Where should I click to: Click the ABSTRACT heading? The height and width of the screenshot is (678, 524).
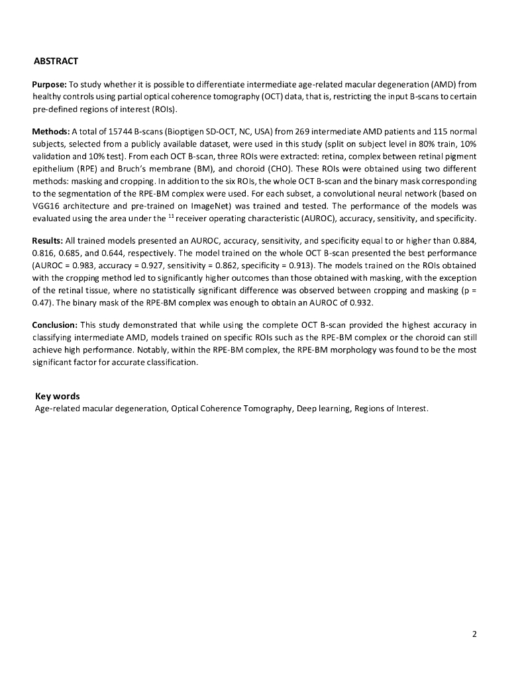click(56, 62)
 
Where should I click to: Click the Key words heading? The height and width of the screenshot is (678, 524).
click(58, 396)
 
